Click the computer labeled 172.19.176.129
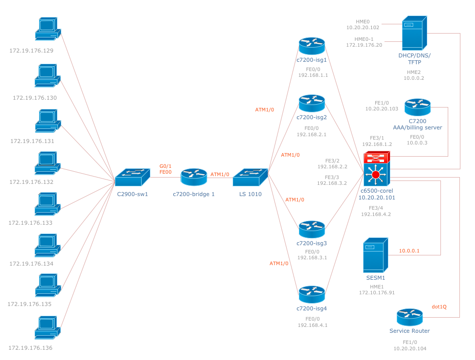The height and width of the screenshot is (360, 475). point(48,30)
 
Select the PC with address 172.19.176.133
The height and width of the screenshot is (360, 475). point(48,204)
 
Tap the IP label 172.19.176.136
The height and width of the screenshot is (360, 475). point(30,348)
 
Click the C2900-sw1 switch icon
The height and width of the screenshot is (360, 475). point(132,178)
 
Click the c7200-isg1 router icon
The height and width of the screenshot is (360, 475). point(311,46)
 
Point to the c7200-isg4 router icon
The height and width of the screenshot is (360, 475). point(311,294)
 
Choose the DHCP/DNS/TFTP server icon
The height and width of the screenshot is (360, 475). point(415,32)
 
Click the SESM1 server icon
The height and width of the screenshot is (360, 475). point(375,255)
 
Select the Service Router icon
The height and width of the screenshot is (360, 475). point(409,317)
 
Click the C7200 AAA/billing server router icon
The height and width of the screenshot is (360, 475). point(417,107)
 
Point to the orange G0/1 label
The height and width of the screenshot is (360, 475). point(165,165)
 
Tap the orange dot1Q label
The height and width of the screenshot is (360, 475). point(439,306)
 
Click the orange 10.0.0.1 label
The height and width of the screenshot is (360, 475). point(409,251)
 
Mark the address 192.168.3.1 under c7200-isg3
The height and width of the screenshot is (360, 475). point(312,258)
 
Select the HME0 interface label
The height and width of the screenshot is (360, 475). point(363,21)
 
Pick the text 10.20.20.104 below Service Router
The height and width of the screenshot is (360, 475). point(409,348)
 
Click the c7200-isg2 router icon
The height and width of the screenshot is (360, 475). point(311,103)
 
